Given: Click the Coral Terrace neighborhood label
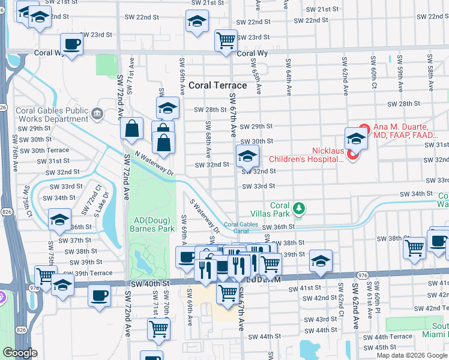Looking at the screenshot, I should pyautogui.click(x=217, y=85).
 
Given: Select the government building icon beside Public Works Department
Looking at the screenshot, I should pyautogui.click(x=97, y=113).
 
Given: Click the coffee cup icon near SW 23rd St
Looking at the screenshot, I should pyautogui.click(x=72, y=44).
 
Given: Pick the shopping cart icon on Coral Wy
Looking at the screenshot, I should pyautogui.click(x=225, y=40).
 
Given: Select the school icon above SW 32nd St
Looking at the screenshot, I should pyautogui.click(x=247, y=156).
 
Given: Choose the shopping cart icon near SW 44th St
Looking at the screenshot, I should pyautogui.click(x=158, y=328).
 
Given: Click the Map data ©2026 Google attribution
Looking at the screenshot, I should pyautogui.click(x=412, y=355).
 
